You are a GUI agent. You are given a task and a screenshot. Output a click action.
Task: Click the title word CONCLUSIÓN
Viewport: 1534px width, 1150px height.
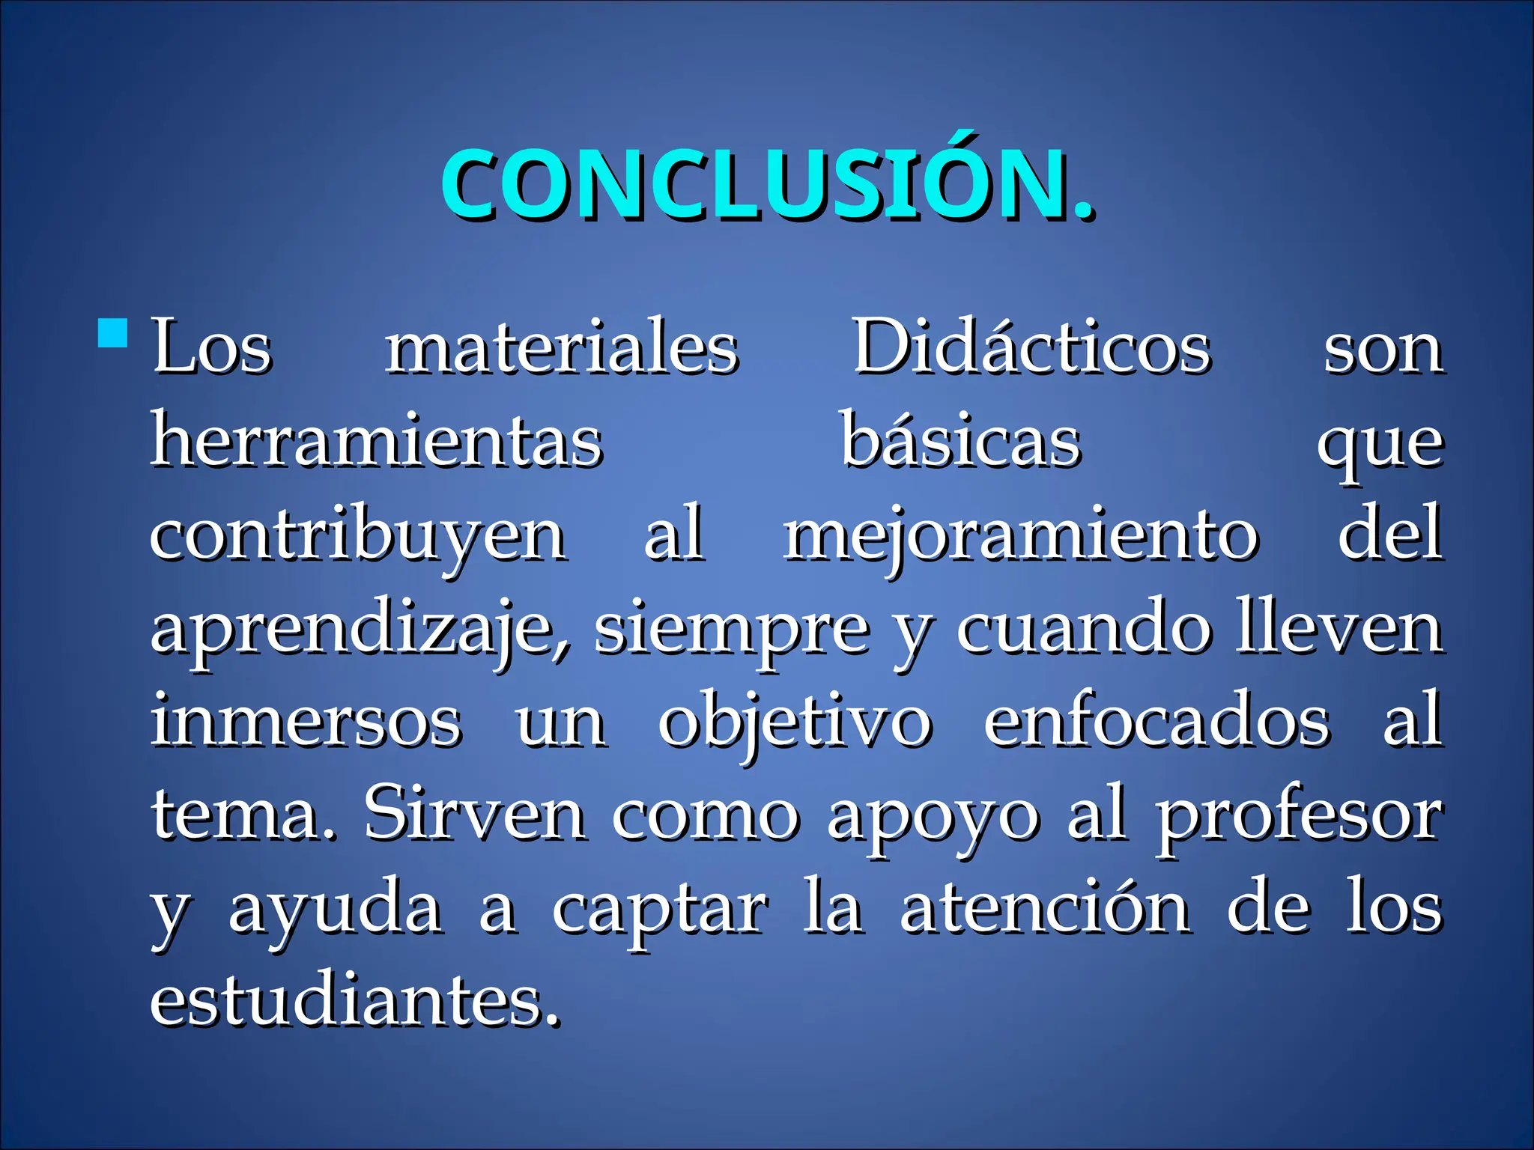click(x=767, y=185)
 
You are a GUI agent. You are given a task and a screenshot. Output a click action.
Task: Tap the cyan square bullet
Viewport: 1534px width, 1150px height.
click(x=113, y=334)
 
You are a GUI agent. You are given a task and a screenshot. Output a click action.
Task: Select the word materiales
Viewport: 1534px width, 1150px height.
click(x=562, y=348)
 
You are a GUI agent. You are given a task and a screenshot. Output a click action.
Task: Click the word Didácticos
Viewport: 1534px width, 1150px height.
click(x=1032, y=347)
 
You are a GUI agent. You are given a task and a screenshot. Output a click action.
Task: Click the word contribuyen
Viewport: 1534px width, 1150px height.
click(x=357, y=536)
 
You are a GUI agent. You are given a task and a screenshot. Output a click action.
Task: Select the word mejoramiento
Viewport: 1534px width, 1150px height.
click(x=1021, y=536)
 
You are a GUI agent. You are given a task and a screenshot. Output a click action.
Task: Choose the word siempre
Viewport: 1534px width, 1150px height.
click(x=732, y=630)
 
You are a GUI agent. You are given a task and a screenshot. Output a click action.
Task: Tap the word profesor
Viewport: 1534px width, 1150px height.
click(x=1299, y=816)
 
